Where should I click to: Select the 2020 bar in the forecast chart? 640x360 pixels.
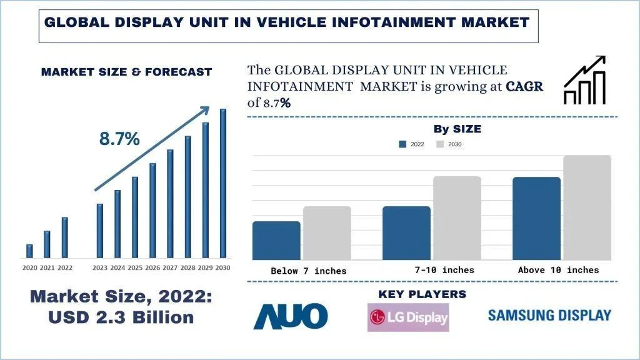(x=29, y=251)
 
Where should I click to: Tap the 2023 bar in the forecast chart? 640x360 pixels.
(x=99, y=231)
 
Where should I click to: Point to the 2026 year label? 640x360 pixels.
(x=152, y=268)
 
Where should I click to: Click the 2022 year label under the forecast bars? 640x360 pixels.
(x=64, y=268)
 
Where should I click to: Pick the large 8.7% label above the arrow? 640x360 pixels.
(x=119, y=139)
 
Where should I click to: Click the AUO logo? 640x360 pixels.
(x=290, y=316)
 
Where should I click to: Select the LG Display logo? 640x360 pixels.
(x=408, y=317)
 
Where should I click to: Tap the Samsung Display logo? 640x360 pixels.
(x=549, y=315)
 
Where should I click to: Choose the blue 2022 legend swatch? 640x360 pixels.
(x=403, y=144)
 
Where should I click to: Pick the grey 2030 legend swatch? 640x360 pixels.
(x=439, y=144)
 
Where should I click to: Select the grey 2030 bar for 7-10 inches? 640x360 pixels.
(x=457, y=217)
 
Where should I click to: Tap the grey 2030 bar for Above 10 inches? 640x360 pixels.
(x=587, y=207)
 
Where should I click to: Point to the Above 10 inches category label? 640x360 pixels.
(x=558, y=270)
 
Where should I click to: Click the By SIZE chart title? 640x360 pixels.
(x=457, y=129)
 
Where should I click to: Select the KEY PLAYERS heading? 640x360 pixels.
(x=422, y=294)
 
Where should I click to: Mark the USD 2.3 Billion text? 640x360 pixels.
(x=121, y=317)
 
